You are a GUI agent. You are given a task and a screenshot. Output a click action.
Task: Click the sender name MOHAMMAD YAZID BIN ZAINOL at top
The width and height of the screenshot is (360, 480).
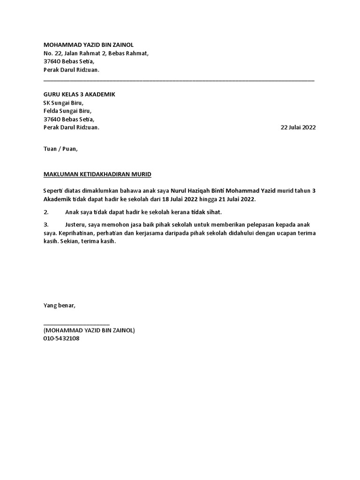click(x=88, y=45)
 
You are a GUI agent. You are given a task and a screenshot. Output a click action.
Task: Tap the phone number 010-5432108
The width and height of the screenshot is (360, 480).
click(x=61, y=338)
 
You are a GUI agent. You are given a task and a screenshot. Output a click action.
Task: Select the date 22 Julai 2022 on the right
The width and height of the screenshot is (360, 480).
click(x=298, y=127)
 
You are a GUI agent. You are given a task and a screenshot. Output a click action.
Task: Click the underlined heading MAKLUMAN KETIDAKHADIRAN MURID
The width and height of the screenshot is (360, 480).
click(x=97, y=174)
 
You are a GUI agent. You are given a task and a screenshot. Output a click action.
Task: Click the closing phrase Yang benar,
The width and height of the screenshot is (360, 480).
click(x=59, y=305)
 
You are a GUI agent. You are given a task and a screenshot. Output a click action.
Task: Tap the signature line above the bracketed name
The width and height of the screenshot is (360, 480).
click(x=76, y=323)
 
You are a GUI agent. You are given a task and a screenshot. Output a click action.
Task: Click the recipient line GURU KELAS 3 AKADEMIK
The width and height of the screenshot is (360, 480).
click(x=79, y=95)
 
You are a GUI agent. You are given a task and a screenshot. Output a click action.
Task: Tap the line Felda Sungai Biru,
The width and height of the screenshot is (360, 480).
click(x=67, y=111)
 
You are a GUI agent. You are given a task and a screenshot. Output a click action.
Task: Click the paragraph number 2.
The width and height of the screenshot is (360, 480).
click(x=46, y=212)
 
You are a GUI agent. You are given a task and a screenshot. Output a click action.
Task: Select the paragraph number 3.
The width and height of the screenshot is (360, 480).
click(x=46, y=225)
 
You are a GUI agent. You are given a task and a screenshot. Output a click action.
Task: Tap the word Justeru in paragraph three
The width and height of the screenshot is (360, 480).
click(x=75, y=225)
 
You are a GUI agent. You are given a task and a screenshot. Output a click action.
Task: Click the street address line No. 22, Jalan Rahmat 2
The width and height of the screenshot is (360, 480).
click(x=96, y=53)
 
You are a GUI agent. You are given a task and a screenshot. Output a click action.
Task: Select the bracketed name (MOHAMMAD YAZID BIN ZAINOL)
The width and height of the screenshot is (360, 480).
click(x=89, y=330)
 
